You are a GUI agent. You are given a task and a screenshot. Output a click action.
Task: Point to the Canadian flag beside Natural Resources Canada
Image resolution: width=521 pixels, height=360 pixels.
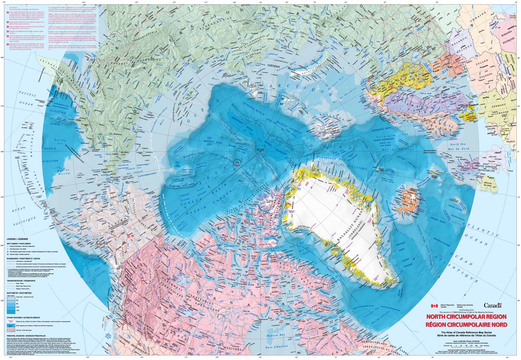(434, 306)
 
